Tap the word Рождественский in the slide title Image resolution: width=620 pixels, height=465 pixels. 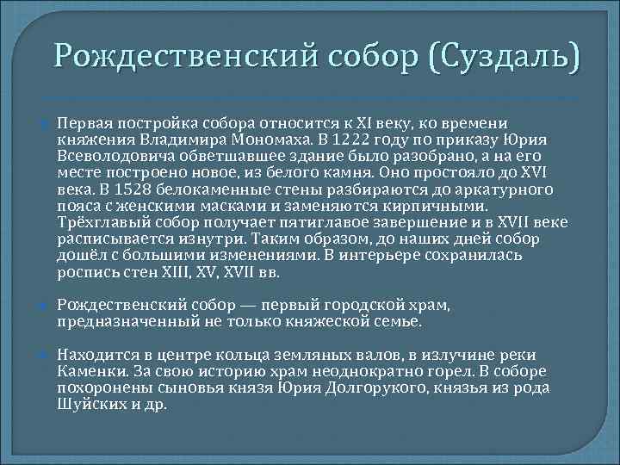183,59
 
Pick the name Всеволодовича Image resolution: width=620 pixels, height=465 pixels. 115,156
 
